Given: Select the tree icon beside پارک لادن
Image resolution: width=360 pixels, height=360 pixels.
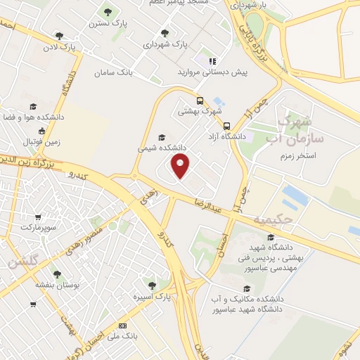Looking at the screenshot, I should point(59,36).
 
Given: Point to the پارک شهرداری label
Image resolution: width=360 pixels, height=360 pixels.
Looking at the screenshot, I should point(163,44).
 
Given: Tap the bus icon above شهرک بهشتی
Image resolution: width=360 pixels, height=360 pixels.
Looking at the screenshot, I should point(200,100).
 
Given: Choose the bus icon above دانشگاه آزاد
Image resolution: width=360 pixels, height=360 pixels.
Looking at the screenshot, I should point(226,127).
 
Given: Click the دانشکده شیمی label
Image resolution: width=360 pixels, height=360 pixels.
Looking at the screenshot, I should point(162,148).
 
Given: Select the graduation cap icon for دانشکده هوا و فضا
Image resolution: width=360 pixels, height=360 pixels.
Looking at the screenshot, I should point(29,106).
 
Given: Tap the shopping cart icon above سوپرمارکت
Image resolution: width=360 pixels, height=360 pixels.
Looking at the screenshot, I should point(37,217).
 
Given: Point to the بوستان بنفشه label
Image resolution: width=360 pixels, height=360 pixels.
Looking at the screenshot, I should point(57,285).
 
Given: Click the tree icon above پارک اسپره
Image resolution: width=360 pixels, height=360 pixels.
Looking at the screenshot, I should point(152,285).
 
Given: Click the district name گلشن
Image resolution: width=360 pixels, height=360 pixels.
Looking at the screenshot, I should point(23,262).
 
